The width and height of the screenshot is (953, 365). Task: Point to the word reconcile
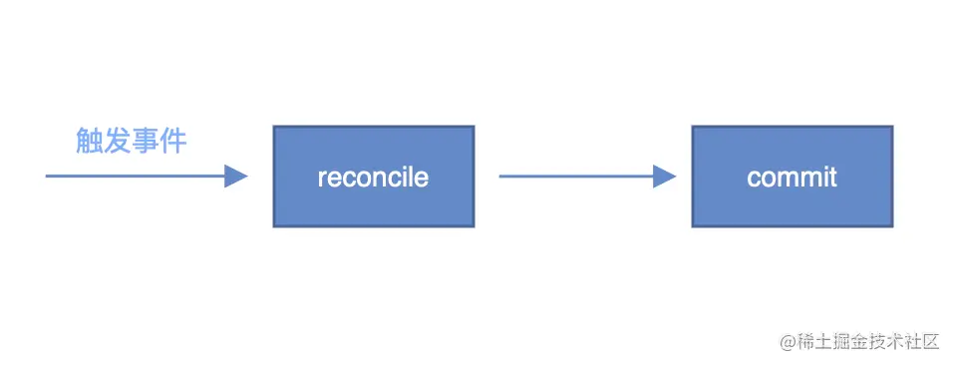(373, 178)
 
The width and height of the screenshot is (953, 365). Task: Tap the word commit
(792, 178)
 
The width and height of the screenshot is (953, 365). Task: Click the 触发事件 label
(132, 141)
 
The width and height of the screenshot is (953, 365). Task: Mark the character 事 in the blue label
(146, 141)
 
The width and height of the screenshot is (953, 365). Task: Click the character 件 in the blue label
(173, 141)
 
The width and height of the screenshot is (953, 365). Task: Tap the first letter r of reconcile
(322, 179)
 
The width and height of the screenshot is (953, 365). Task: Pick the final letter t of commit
(832, 178)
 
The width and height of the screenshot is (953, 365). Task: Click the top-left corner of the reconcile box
(274, 127)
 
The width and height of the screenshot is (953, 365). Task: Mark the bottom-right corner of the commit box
(892, 225)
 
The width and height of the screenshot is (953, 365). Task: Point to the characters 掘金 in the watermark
(845, 342)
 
